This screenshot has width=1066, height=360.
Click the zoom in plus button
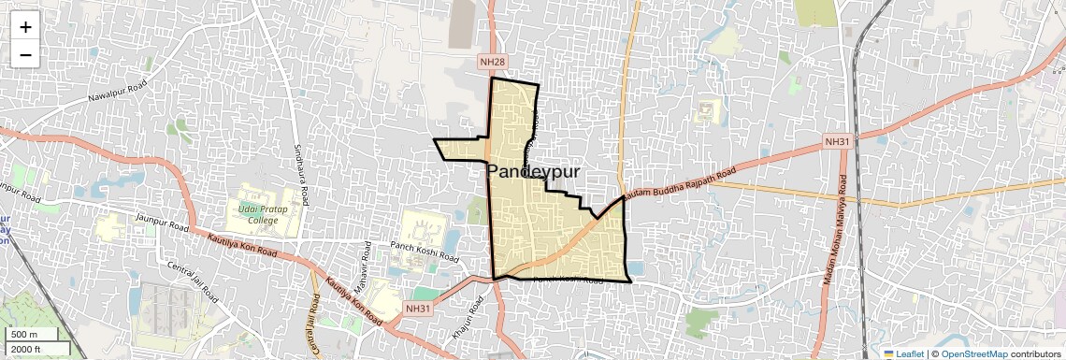[25, 27]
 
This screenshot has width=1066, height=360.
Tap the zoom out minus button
[25, 54]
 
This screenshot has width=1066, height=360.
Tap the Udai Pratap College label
[257, 214]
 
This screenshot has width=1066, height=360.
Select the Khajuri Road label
[460, 321]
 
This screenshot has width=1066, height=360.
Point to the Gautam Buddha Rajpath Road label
[678, 185]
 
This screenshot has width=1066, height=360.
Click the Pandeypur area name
[534, 172]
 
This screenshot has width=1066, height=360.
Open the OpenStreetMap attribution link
[974, 353]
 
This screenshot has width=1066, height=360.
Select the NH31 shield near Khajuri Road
[419, 309]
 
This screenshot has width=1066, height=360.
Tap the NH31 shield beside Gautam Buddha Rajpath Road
[836, 141]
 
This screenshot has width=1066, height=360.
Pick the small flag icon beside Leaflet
[889, 353]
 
